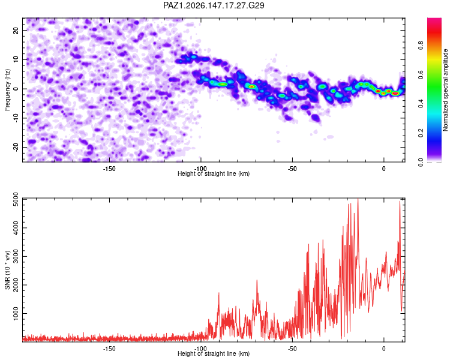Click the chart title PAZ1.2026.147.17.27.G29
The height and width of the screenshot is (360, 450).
click(214, 5)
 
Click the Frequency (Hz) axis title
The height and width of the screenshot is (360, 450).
click(7, 90)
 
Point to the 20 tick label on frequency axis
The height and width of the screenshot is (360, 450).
click(16, 30)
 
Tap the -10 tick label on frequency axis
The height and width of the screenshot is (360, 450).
click(16, 119)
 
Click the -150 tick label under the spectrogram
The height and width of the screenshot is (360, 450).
click(109, 169)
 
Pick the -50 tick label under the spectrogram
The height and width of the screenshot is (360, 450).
click(292, 169)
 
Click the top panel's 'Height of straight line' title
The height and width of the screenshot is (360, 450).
click(214, 173)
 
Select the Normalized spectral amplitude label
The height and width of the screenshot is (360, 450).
click(445, 90)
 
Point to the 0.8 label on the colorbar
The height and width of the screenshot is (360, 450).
click(421, 46)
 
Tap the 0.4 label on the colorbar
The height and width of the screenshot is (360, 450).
click(421, 104)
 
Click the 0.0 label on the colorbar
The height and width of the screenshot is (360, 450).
click(421, 162)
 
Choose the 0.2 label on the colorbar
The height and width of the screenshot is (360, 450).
click(421, 133)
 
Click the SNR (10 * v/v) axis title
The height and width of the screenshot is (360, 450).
click(7, 270)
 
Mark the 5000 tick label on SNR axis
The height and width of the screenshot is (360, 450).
click(16, 199)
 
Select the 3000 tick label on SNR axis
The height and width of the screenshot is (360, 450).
click(16, 256)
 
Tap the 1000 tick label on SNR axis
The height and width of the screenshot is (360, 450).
click(16, 313)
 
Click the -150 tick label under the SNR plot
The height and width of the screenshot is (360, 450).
click(109, 349)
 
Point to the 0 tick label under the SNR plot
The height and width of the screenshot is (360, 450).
click(384, 349)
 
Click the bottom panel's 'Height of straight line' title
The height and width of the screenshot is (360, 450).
click(214, 353)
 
